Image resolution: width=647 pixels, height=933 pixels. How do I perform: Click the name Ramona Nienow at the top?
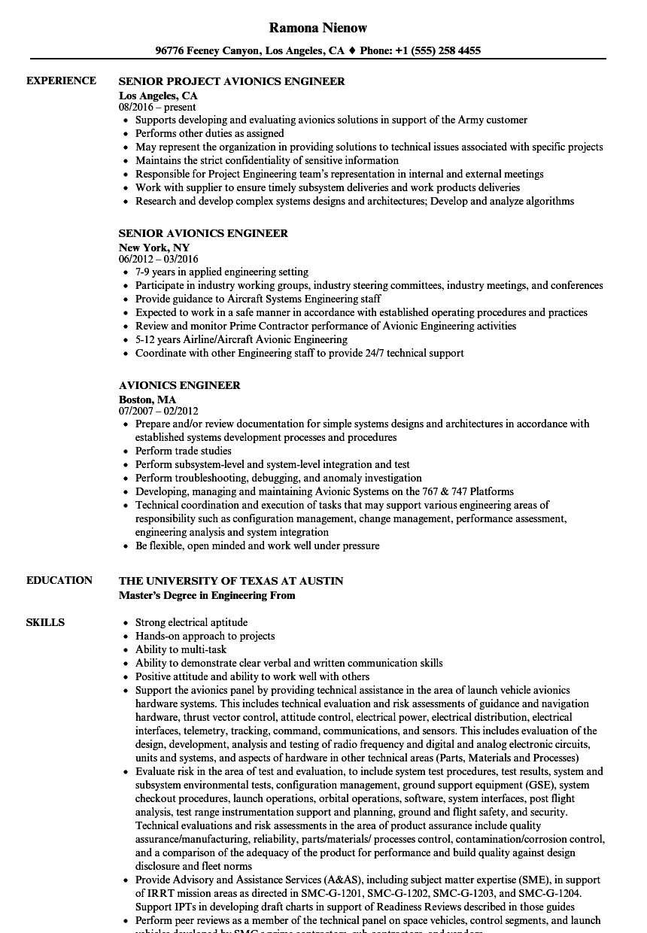tap(318, 28)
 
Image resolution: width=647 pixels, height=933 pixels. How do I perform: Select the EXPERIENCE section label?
tap(61, 81)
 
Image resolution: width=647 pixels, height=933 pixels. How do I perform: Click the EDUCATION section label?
tap(59, 580)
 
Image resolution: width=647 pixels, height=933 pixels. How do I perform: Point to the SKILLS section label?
tap(45, 622)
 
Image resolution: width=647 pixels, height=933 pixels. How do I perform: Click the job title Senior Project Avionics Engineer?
tap(232, 81)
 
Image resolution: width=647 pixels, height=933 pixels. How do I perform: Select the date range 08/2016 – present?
tap(157, 107)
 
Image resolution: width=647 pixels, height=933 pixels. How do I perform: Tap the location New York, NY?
tap(154, 247)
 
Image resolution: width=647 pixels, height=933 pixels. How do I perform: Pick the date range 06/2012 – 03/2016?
tap(159, 259)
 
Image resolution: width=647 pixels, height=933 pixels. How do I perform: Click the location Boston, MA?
tap(147, 399)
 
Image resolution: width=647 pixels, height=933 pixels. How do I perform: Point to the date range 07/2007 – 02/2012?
tap(159, 411)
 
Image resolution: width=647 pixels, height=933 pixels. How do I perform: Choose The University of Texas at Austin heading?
tap(231, 581)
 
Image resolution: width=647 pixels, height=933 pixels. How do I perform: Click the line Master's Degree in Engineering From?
tap(207, 595)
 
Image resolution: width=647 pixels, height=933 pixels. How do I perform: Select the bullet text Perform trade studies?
tap(184, 451)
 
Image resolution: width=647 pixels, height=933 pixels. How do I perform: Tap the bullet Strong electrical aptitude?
tap(191, 622)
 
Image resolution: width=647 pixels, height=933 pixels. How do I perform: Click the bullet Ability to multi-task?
tap(181, 649)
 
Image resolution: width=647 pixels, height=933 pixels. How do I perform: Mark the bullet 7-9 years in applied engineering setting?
tap(222, 272)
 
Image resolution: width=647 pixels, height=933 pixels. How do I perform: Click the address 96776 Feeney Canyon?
tap(208, 51)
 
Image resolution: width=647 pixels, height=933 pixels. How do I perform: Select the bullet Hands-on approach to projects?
tap(205, 636)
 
